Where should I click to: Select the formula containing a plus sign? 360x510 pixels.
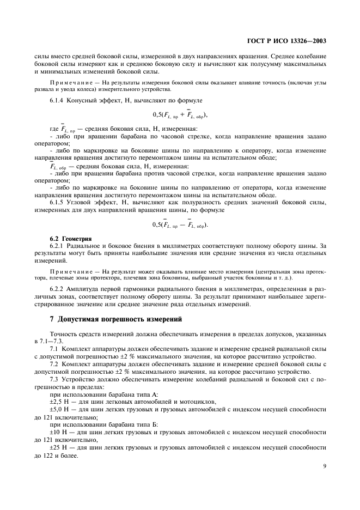180,115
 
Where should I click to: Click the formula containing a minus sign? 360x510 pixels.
180,224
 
